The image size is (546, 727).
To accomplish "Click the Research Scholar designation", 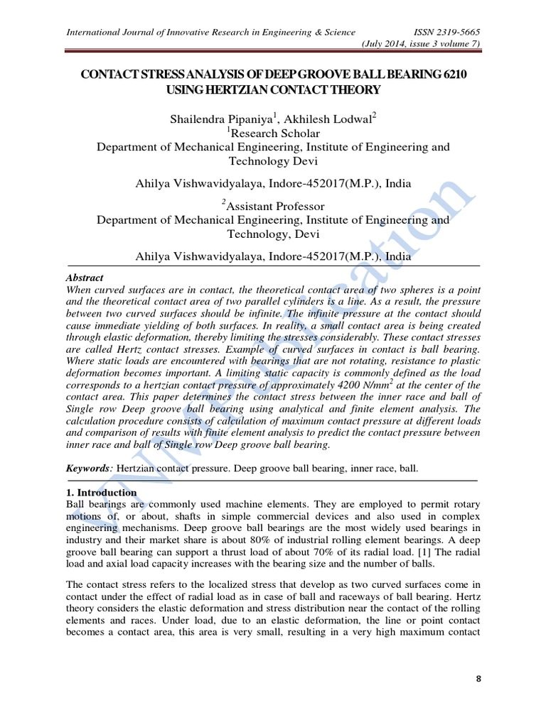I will (x=275, y=133).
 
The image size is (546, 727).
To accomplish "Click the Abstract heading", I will (x=84, y=278).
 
